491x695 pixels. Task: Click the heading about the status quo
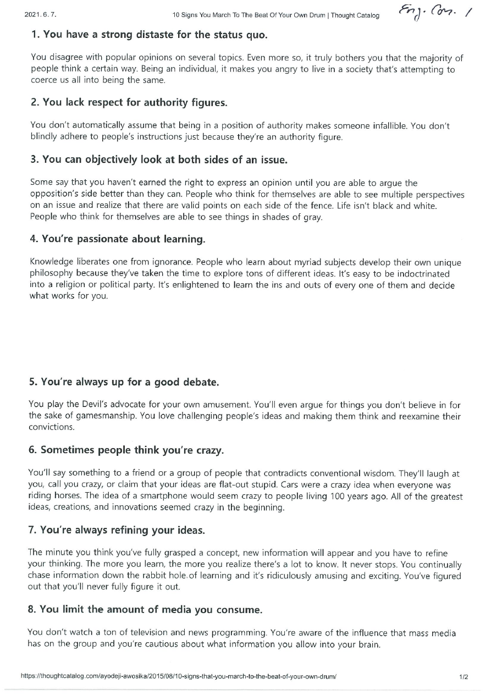click(x=149, y=35)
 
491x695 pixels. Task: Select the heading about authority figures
click(x=129, y=103)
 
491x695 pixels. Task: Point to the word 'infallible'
click(x=387, y=126)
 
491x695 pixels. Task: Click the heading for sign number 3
click(x=159, y=160)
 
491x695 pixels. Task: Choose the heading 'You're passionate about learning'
click(x=117, y=239)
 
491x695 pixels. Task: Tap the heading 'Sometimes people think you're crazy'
click(x=126, y=450)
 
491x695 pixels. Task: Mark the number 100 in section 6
click(x=341, y=497)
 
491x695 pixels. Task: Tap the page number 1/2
click(x=464, y=677)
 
